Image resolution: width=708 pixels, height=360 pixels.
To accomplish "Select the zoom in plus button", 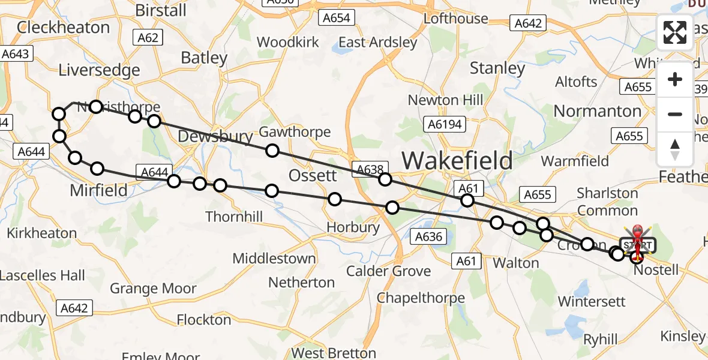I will (675, 80).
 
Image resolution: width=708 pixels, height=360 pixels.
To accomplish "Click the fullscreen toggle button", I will (675, 32).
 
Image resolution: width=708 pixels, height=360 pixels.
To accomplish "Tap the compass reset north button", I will (675, 149).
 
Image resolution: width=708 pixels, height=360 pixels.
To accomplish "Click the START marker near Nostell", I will (638, 245).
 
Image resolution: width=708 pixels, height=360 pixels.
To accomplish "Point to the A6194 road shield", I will (443, 124).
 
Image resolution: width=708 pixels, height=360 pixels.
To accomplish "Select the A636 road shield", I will (429, 236).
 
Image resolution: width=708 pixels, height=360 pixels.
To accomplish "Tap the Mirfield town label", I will (99, 191).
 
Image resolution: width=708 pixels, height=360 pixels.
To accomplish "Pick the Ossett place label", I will (313, 176).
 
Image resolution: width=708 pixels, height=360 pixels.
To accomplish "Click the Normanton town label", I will (597, 111).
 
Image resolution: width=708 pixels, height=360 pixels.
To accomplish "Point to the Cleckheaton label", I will (63, 28).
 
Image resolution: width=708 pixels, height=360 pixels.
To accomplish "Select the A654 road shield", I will (336, 18).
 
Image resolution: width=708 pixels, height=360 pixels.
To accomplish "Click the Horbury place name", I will (353, 227).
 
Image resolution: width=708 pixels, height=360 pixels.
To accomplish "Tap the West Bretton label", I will (334, 353).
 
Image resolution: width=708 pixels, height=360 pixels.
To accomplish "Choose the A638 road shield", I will (370, 169).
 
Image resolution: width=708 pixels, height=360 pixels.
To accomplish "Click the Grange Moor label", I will (152, 289).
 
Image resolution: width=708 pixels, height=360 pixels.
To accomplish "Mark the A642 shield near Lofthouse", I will (528, 23).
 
